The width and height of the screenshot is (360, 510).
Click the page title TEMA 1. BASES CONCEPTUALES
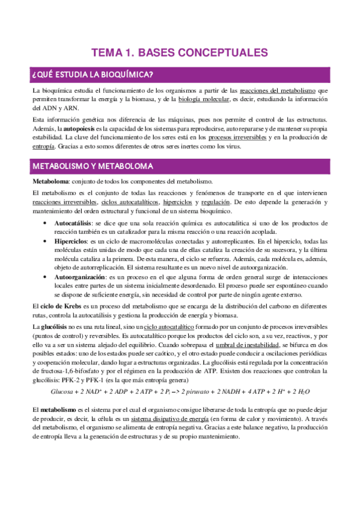point(179,53)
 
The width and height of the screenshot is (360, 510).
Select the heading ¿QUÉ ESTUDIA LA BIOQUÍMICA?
point(93,75)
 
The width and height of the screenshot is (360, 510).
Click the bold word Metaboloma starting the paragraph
point(51,181)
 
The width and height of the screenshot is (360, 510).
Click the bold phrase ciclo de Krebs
point(61,307)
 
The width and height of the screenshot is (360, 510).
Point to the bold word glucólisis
point(55,325)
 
